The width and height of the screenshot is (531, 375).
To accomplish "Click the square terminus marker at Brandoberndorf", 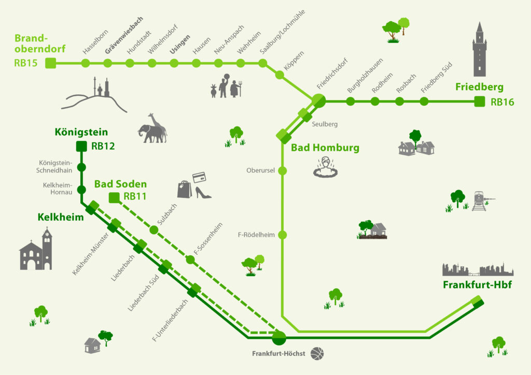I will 50,63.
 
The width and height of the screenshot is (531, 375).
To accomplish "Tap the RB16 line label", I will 502,102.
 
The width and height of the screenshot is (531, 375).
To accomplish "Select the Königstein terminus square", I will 81,146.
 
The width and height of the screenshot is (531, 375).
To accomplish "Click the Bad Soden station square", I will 114,197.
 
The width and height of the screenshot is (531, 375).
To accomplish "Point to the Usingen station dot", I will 174,63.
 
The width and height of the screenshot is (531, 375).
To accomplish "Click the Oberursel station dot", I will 283,170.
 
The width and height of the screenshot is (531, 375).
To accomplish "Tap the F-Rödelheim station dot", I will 283,235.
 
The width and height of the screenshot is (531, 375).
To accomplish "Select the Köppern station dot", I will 280,75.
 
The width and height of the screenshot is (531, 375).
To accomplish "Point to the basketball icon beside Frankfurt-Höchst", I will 317,354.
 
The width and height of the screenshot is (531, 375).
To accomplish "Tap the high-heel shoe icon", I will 203,192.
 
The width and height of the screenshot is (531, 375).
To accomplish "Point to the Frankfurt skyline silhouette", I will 477,270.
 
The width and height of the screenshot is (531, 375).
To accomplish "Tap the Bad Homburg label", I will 325,148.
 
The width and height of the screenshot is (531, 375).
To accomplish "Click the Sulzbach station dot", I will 153,229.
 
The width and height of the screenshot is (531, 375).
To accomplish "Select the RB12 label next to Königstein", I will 103,146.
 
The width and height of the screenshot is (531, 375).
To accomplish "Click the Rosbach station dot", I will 399,102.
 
